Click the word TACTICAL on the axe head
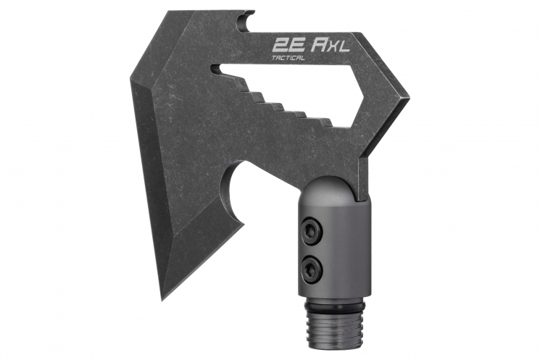coord(288,58)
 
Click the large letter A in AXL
coord(318,45)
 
